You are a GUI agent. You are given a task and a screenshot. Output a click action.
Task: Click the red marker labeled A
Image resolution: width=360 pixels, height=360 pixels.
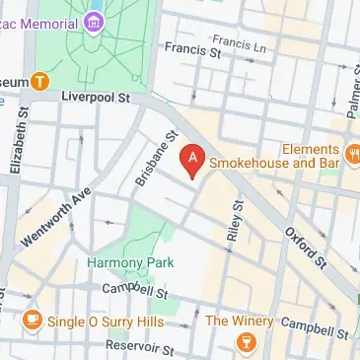click(193, 159)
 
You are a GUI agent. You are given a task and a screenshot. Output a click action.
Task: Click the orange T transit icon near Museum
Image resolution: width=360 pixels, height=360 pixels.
click(39, 81)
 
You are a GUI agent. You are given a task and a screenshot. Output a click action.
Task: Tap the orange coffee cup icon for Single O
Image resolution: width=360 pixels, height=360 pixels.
click(33, 320)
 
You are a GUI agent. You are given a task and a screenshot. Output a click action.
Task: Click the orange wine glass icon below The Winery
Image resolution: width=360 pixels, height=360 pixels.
click(242, 341)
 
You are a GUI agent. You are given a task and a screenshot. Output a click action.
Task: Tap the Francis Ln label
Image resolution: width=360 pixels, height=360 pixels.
click(232, 41)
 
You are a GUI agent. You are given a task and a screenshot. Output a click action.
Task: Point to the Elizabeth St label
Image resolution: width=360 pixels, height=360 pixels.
click(17, 142)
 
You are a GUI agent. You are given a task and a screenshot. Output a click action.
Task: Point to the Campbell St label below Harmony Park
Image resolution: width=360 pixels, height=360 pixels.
click(137, 290)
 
